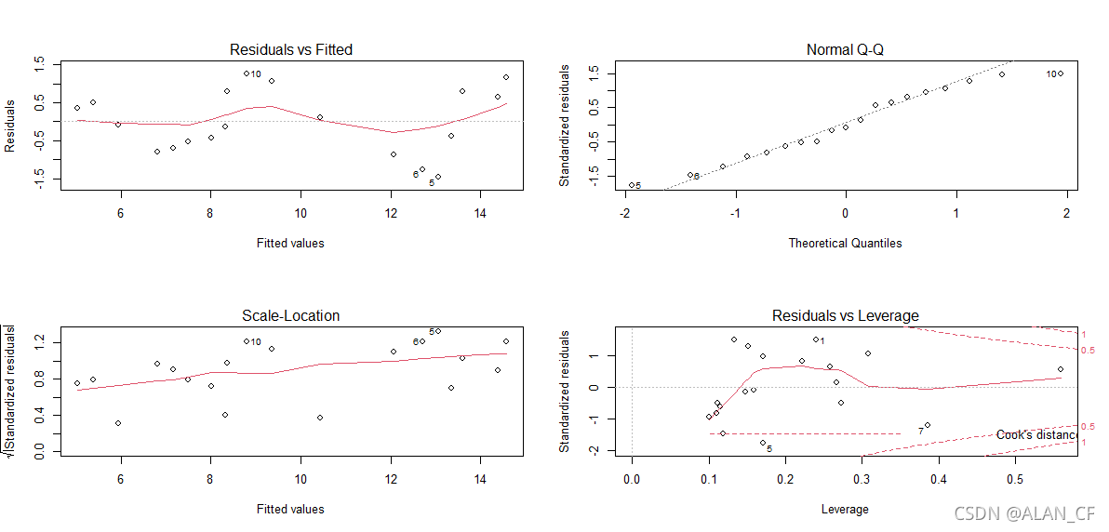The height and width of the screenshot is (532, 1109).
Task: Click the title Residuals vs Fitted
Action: (291, 49)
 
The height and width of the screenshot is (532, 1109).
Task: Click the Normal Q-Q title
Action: (845, 49)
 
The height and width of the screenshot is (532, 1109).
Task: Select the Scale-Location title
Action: (291, 315)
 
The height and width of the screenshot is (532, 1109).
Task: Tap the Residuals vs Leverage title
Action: (845, 315)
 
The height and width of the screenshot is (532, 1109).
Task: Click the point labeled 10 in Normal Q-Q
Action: (1060, 73)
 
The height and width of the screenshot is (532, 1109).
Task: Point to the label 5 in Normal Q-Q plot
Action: (638, 186)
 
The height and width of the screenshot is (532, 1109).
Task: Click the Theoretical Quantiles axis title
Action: (845, 243)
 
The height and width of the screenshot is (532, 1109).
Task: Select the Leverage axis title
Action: (845, 509)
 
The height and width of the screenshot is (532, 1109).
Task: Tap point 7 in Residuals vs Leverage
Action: (928, 425)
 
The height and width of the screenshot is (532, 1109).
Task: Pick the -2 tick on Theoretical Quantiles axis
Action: (624, 211)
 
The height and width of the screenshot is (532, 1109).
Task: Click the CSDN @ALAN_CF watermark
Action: (1024, 512)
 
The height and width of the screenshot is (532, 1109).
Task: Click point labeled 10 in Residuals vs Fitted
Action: (247, 73)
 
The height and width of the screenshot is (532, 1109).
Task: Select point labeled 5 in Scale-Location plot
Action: (438, 331)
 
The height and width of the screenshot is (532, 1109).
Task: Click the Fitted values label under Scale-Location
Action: (290, 509)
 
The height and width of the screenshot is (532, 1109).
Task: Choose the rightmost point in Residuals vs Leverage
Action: (1060, 369)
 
